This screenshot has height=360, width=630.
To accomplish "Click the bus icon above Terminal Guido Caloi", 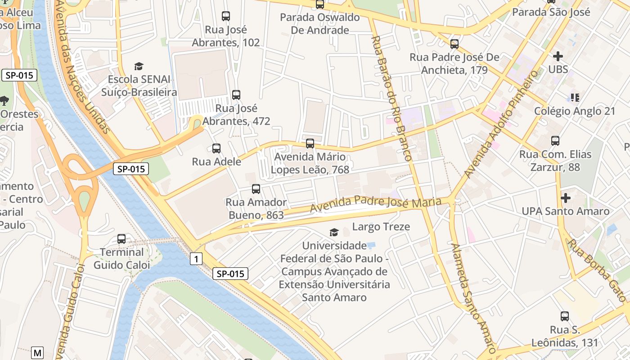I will [x=121, y=239].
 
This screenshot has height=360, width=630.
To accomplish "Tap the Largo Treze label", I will [x=381, y=227].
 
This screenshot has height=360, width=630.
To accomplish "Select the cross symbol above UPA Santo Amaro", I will [x=566, y=198].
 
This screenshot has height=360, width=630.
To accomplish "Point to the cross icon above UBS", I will [x=558, y=56].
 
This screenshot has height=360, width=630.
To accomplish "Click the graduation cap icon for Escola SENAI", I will [x=139, y=66].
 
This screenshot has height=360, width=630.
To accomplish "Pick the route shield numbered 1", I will [x=196, y=259].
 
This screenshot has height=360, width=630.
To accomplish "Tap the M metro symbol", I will [x=38, y=352].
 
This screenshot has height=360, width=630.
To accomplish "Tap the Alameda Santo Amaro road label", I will [x=473, y=297].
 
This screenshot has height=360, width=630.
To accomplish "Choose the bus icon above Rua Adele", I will [x=216, y=148].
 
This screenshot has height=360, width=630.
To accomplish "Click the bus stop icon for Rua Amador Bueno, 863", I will [x=256, y=189].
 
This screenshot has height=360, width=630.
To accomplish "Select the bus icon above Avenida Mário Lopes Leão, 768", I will [x=310, y=144].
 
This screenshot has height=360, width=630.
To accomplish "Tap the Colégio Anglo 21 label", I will [x=574, y=111].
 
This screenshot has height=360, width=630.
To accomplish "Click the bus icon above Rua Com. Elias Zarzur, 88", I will [x=555, y=141].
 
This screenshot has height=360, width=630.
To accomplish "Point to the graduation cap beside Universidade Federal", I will [x=334, y=232].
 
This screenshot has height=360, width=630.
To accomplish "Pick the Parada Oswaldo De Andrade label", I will [x=320, y=24].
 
